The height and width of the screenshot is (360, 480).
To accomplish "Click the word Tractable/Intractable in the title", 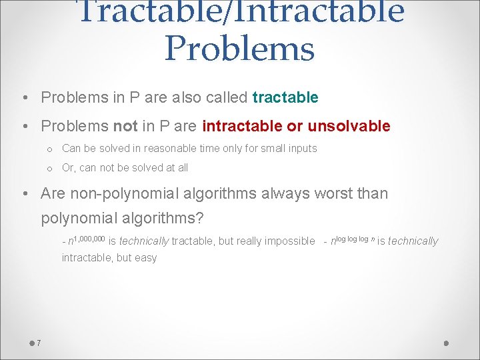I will point(241,11).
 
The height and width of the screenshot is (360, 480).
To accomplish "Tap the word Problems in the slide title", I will point(239,48).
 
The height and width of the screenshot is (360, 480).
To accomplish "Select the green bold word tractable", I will point(285,97).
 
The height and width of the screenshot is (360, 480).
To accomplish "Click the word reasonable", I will point(174,148).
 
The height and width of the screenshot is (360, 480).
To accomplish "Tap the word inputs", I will point(303,148).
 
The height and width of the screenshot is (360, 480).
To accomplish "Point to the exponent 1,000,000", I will point(90,238).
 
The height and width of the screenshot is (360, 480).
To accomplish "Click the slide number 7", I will point(39,343).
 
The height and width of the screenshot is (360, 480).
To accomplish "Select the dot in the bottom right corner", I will point(447,343).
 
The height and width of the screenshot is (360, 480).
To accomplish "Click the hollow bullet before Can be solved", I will point(49,149).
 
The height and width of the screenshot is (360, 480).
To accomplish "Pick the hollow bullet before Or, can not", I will point(49,168).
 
